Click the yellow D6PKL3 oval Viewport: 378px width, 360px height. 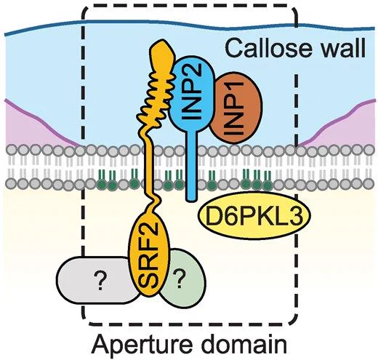[254, 215]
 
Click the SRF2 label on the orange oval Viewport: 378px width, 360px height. [149, 254]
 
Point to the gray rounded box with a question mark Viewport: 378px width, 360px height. [97, 280]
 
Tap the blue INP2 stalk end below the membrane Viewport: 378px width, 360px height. [191, 196]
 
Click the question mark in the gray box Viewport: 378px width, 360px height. [100, 281]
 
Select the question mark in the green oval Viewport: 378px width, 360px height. [180, 279]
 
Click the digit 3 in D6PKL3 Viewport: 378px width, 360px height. [297, 215]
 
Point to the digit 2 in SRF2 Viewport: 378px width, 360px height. [149, 229]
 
